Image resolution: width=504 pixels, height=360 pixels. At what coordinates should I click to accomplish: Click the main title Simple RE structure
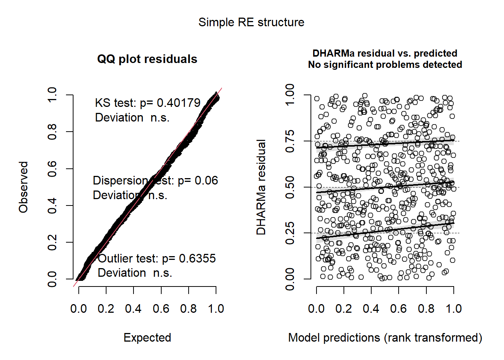(x=251, y=22)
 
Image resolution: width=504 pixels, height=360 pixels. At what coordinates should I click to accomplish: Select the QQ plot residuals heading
(x=147, y=59)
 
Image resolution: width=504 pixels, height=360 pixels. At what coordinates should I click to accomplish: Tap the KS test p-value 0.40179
(x=178, y=103)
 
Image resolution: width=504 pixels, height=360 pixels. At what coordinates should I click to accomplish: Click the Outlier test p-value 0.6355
(x=197, y=259)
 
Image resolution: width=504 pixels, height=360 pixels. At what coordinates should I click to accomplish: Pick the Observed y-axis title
(x=24, y=187)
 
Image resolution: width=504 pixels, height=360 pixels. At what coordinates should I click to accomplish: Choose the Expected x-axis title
(x=147, y=338)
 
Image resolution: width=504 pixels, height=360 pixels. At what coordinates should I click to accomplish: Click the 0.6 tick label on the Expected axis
(x=161, y=309)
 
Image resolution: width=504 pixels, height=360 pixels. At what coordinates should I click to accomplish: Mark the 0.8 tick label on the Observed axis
(x=52, y=132)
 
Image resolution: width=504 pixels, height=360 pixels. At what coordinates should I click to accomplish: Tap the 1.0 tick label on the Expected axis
(x=216, y=309)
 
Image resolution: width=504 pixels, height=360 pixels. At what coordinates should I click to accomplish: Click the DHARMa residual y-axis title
(x=261, y=187)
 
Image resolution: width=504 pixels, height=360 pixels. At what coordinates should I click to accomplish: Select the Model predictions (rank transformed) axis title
(x=385, y=338)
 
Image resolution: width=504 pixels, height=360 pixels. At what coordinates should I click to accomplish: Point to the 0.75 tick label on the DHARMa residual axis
(x=290, y=141)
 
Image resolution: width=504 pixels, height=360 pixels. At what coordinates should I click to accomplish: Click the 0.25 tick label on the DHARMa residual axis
(x=290, y=233)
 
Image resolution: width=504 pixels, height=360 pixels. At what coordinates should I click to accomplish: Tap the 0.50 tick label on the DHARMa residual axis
(x=290, y=187)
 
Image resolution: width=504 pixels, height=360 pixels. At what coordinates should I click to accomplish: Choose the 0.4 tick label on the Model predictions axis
(x=371, y=309)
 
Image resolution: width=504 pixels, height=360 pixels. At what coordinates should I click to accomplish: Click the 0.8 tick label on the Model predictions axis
(x=426, y=309)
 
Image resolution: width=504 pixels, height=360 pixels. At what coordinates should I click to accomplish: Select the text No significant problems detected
(x=385, y=65)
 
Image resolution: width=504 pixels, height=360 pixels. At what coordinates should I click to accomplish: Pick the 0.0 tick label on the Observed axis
(x=52, y=279)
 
